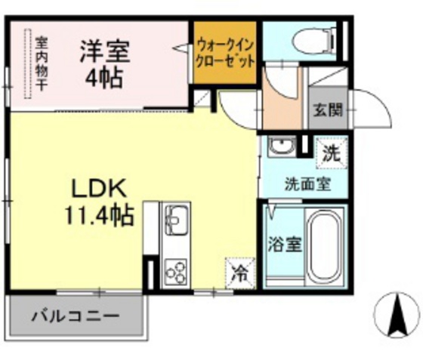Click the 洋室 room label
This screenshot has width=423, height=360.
click(x=106, y=51)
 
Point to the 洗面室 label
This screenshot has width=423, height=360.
click(x=306, y=183)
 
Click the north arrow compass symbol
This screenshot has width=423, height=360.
click(x=398, y=315)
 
